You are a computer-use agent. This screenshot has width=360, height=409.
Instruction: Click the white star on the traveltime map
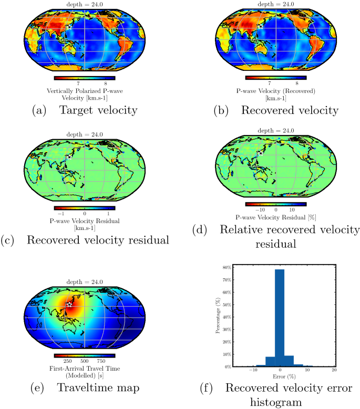tap(69, 305)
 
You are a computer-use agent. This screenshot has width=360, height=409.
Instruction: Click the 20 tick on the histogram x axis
tap(334, 371)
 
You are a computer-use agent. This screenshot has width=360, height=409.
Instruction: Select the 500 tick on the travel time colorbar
tap(84, 362)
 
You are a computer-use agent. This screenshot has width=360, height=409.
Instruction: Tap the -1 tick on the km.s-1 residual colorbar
tap(61, 214)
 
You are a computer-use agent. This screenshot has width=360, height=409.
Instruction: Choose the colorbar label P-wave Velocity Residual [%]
tap(275, 217)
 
